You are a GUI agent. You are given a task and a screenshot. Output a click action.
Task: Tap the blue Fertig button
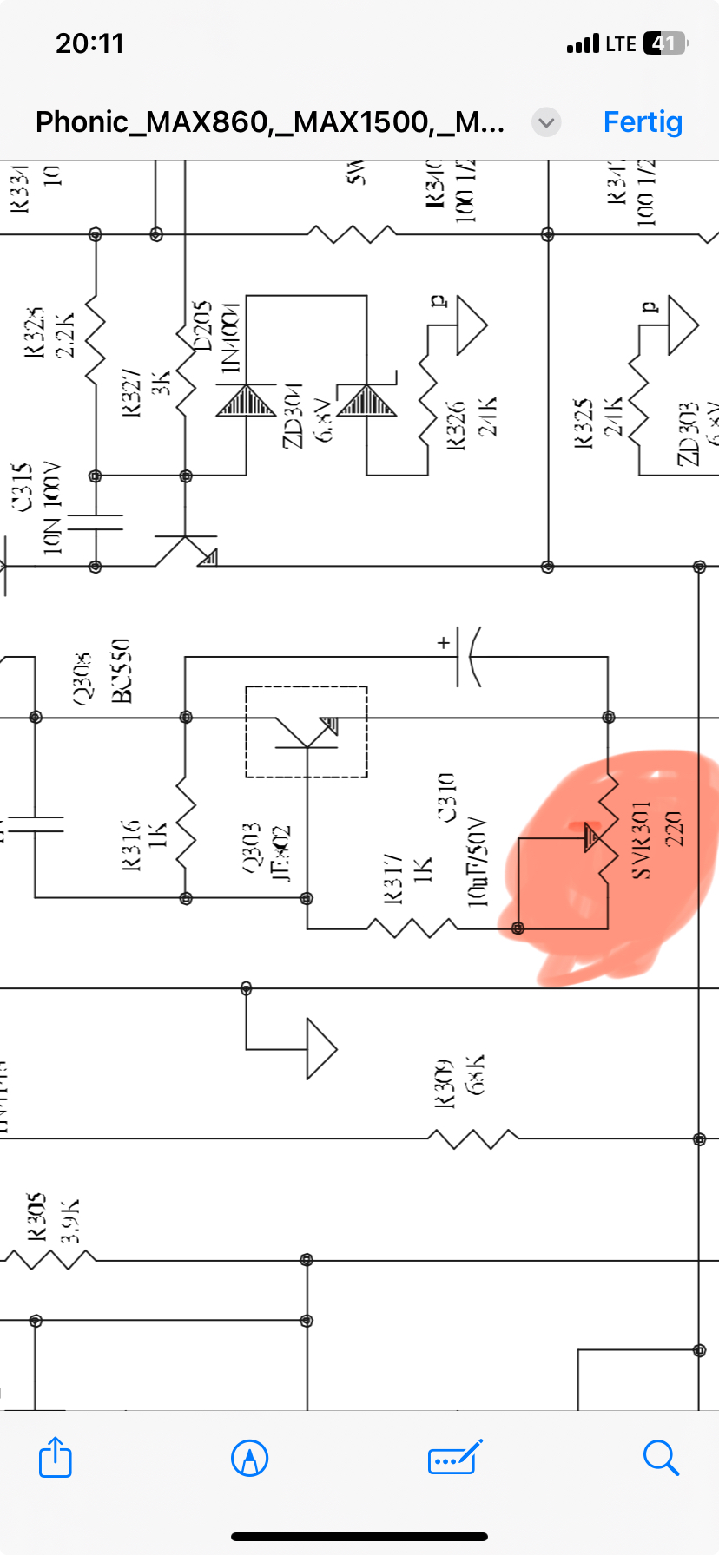click(x=643, y=121)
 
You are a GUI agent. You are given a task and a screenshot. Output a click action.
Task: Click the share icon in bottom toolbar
click(x=56, y=1457)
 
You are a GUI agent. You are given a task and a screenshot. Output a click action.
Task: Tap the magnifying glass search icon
click(x=661, y=1457)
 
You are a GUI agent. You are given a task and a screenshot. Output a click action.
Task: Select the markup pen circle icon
click(x=250, y=1457)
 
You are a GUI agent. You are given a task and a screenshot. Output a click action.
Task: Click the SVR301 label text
click(x=641, y=840)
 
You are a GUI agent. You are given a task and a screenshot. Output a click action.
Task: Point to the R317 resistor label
click(x=392, y=878)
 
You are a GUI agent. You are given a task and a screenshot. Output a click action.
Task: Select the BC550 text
click(x=121, y=670)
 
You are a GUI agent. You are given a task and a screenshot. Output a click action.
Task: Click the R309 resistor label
click(x=445, y=1083)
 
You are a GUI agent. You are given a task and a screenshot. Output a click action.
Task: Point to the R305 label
click(x=36, y=1217)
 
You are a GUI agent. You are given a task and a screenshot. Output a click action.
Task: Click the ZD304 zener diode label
click(x=294, y=415)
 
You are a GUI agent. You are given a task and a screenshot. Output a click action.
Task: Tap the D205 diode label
click(x=201, y=325)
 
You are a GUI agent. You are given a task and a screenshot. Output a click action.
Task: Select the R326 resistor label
click(x=456, y=423)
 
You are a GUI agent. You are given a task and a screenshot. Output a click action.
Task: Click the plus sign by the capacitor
click(x=444, y=643)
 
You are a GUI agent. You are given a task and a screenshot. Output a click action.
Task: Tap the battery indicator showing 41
click(x=664, y=43)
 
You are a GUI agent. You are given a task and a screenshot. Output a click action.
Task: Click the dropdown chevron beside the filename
click(x=546, y=122)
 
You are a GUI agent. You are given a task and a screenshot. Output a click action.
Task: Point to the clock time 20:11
click(x=90, y=43)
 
